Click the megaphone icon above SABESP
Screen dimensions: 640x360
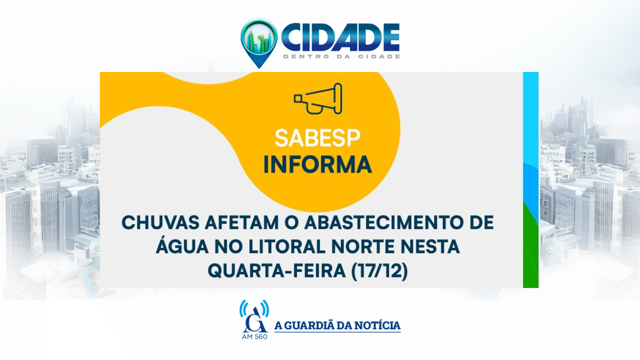[318, 98]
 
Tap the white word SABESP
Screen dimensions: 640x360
[317, 138]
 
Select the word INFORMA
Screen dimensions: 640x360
[317, 164]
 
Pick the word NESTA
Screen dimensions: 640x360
[430, 247]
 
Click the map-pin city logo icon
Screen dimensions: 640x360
[259, 43]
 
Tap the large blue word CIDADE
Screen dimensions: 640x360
[340, 37]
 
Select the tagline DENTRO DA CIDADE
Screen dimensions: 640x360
[341, 56]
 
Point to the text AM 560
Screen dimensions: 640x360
[254, 336]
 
